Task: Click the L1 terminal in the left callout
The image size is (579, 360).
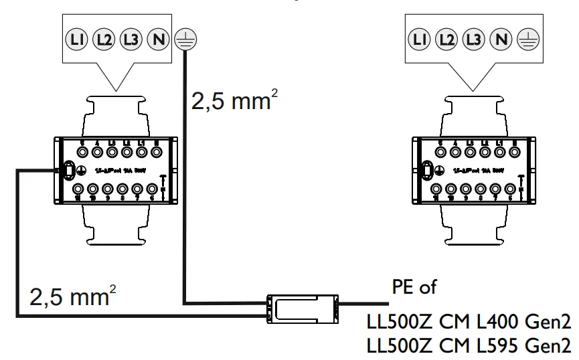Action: pos(76,40)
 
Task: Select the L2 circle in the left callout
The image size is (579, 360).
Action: pos(103,40)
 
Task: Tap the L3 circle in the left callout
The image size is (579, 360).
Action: pos(131,40)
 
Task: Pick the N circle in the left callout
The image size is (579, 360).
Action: pos(158,40)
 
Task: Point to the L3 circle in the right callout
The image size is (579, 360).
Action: pos(473,40)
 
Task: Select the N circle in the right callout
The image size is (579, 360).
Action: pos(500,40)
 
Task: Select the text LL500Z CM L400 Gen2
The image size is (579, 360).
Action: pos(468,323)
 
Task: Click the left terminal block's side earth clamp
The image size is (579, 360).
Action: pos(68,171)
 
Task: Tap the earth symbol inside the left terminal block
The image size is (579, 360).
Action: pos(82,171)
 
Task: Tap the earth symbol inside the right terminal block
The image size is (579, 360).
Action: pos(438,171)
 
